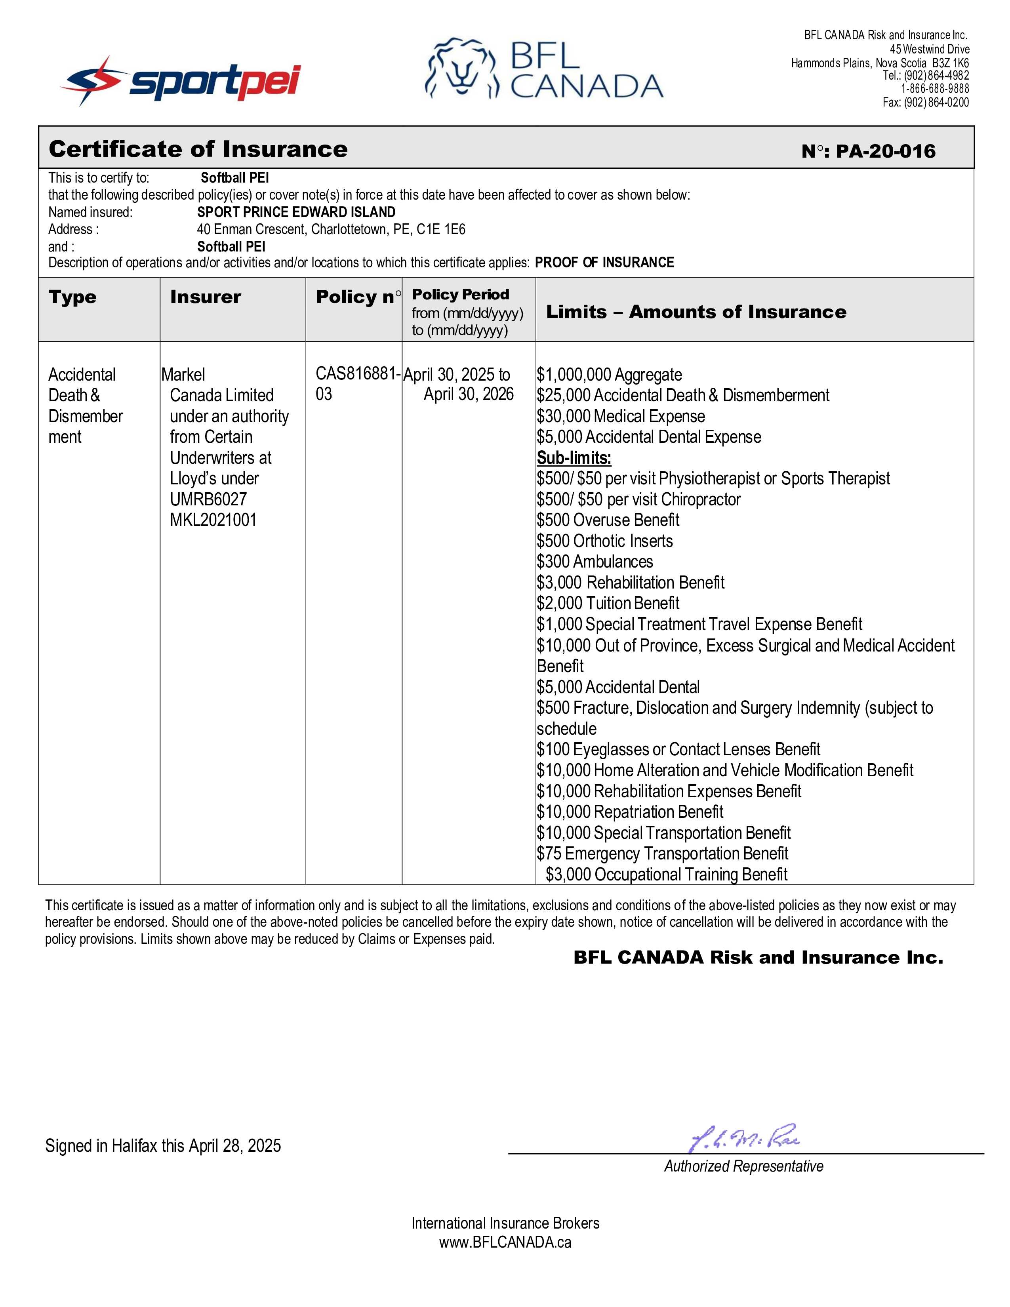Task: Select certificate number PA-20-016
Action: (x=868, y=151)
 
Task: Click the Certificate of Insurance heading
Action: (x=198, y=149)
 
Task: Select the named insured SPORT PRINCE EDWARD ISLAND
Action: (x=296, y=212)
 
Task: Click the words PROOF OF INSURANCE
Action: (x=604, y=263)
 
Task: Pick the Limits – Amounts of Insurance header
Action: (x=696, y=312)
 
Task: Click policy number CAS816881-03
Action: (x=357, y=384)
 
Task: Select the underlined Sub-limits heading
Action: (x=574, y=458)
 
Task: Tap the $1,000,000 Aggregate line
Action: (x=609, y=375)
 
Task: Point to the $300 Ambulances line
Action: (x=595, y=561)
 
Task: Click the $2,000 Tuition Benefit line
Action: (x=608, y=603)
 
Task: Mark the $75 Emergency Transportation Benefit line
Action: (x=662, y=854)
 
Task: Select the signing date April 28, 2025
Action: (x=234, y=1145)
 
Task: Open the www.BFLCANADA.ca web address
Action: (x=505, y=1242)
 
